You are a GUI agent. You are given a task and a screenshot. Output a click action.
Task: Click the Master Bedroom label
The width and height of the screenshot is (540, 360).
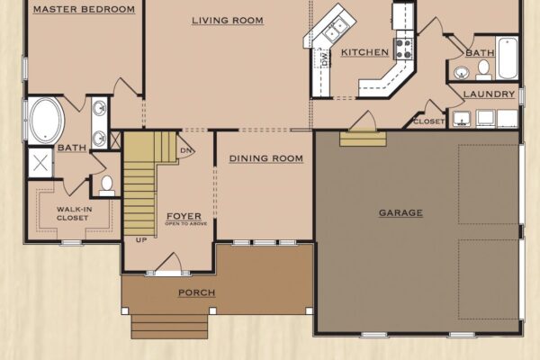[84, 9]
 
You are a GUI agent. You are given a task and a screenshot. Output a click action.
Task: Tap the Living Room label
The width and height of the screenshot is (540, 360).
[228, 21]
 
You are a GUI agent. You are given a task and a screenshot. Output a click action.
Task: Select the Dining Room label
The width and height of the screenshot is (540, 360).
[266, 158]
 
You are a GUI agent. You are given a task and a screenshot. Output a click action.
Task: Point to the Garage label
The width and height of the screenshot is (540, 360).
[400, 213]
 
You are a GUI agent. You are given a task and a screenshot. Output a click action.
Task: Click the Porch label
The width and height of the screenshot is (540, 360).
[197, 292]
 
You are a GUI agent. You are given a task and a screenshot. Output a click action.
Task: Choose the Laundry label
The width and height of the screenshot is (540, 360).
[489, 94]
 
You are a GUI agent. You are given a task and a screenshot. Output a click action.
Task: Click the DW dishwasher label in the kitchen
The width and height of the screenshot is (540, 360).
[324, 58]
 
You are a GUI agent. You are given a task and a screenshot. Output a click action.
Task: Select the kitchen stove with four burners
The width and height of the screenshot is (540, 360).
[404, 49]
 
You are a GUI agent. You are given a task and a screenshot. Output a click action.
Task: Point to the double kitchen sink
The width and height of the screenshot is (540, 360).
[335, 30]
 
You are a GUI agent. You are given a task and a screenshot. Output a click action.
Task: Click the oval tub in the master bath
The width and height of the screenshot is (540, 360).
[47, 121]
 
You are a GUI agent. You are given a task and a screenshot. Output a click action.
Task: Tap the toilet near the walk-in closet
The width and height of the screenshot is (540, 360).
[107, 185]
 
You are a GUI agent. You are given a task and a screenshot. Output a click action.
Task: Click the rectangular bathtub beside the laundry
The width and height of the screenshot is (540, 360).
[508, 58]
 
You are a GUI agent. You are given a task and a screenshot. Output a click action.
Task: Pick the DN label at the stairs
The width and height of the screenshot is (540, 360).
[186, 150]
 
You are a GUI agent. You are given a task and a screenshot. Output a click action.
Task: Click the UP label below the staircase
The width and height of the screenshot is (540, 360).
[141, 239]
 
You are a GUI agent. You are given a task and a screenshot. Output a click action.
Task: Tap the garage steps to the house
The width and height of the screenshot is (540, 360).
[363, 138]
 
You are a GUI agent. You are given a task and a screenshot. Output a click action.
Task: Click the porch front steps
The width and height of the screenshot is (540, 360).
[170, 326]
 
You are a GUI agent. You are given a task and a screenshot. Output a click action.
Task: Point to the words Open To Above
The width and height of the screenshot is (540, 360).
[186, 223]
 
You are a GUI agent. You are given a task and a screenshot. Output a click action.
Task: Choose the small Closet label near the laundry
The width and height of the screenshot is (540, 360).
[428, 121]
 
